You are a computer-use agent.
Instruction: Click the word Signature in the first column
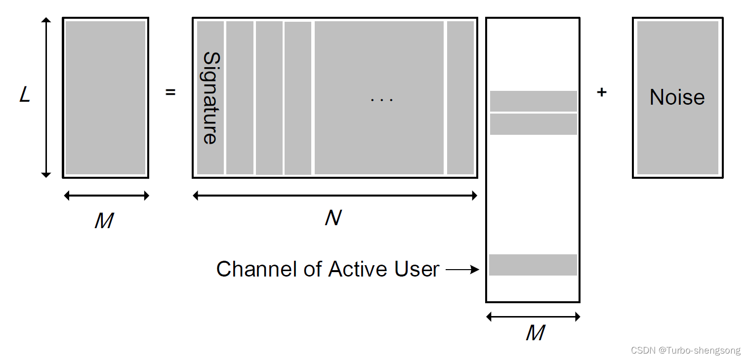[210, 98]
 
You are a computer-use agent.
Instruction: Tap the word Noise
[677, 97]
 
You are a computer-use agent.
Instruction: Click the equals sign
[170, 92]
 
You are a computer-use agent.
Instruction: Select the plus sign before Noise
[602, 92]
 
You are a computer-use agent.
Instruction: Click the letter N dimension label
[333, 217]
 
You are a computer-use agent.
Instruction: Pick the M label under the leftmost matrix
[104, 221]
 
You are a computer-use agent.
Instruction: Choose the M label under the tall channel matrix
[535, 333]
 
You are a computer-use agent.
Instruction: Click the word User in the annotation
[416, 269]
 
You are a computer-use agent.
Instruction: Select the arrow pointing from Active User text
[462, 270]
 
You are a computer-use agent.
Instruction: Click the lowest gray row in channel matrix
[533, 265]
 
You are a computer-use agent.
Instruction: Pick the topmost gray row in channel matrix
[533, 101]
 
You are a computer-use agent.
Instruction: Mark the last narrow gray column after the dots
[460, 98]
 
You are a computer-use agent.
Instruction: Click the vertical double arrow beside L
[46, 97]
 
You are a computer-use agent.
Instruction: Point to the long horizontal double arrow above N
[335, 196]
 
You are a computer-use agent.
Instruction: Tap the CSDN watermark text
[686, 350]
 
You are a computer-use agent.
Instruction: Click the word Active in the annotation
[358, 269]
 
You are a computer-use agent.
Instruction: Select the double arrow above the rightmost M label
[533, 317]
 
